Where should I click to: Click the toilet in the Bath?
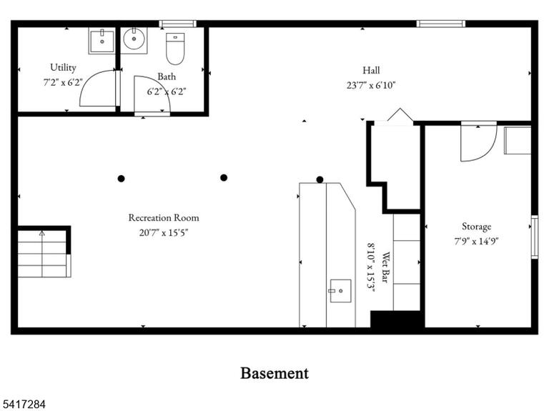coord(175,49)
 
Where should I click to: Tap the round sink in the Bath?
coord(134,40)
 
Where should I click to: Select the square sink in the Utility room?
coord(102,41)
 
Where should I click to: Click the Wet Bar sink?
coord(340,291)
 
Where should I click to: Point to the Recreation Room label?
coord(164,218)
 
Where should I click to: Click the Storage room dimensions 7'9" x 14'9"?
coord(476,241)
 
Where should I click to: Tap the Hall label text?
coord(371,70)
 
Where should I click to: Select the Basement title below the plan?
coord(274,373)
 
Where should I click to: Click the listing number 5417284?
coord(23,405)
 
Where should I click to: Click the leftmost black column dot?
coord(121,179)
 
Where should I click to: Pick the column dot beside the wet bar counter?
coord(320,179)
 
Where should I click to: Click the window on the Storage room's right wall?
coord(534,237)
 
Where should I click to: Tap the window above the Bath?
coord(177,24)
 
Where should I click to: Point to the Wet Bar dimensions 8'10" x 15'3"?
coord(371,267)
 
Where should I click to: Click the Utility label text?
coord(63,67)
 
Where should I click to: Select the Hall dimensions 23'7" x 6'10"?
coord(371,86)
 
